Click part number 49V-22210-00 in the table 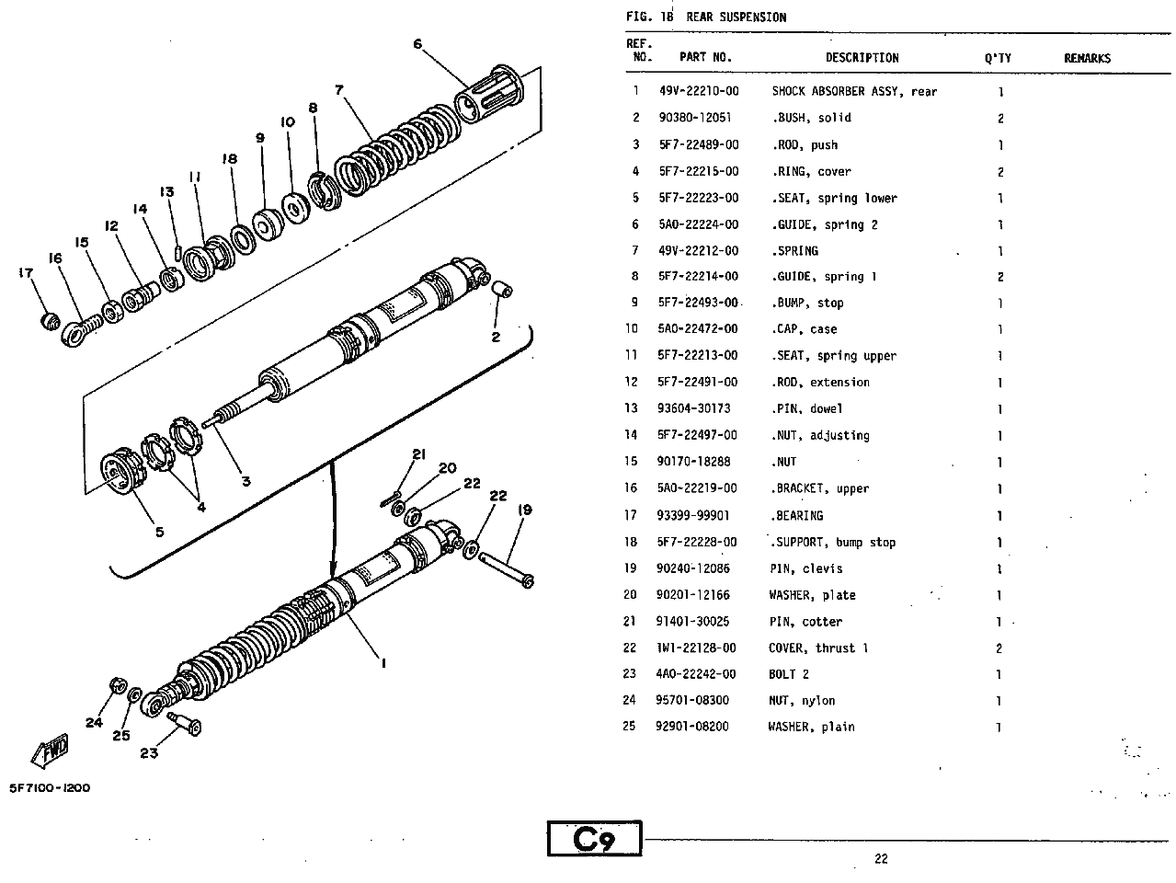[x=698, y=91]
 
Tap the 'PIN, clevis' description [x=805, y=568]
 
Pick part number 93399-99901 [x=693, y=515]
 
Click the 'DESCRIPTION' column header [x=862, y=57]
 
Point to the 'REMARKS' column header [x=1087, y=58]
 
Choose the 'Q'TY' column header [x=998, y=58]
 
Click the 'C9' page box [x=594, y=840]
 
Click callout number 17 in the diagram [x=25, y=272]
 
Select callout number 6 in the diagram [x=417, y=43]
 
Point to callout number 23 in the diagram [x=148, y=753]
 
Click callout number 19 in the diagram [x=525, y=510]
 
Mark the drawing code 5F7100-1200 [x=50, y=788]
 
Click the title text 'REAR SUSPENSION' [x=736, y=17]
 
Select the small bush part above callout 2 [x=501, y=292]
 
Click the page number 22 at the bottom [x=881, y=859]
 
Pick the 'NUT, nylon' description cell [x=802, y=701]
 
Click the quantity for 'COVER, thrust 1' [x=999, y=648]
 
